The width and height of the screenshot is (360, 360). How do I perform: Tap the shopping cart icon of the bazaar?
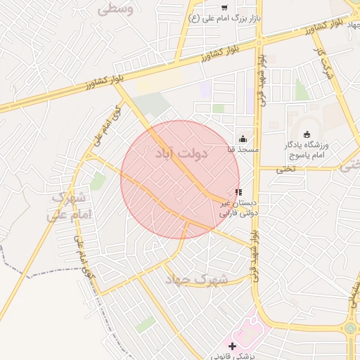tap(224, 8)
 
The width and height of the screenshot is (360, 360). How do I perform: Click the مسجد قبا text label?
tap(243, 150)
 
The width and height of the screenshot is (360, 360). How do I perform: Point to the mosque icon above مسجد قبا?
tap(243, 139)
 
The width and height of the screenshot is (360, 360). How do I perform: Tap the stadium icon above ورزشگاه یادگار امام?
tap(306, 134)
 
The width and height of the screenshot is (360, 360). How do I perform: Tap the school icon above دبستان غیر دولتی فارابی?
tap(238, 191)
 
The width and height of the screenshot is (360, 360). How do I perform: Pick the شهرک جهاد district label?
tap(197, 279)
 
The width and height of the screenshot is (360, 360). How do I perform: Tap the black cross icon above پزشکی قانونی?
tap(233, 346)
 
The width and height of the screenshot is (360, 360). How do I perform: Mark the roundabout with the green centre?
tap(350, 328)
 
